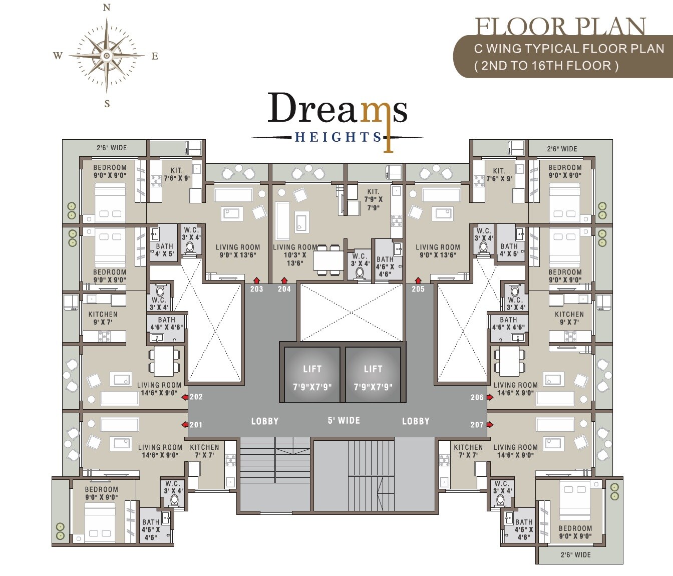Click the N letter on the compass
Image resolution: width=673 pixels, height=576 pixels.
pos(106,8)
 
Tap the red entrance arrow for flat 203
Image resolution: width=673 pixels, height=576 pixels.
pos(257,280)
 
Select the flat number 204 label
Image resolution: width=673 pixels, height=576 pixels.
pos(284,289)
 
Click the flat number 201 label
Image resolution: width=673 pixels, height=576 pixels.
pos(196,425)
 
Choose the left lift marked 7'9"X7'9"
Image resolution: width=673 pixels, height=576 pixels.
pos(312,375)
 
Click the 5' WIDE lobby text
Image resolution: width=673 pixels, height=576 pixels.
pos(344,420)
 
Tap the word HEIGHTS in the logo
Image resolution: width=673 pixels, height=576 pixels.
pos(338,137)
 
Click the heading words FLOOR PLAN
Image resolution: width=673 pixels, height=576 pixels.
pos(560,27)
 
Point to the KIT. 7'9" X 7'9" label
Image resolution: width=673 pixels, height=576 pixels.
pos(373,199)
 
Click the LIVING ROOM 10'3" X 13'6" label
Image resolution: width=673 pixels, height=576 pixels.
pos(295,255)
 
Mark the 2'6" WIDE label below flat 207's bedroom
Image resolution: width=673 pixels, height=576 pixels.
pos(575,555)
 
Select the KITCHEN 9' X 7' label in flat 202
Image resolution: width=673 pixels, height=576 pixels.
pos(103,318)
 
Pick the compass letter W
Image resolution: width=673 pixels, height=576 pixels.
pos(58,56)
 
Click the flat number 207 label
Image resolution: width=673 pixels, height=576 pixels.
pos(477,425)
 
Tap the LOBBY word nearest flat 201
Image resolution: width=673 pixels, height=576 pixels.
pos(264,421)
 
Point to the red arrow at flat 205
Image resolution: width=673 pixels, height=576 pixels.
pos(418,280)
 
